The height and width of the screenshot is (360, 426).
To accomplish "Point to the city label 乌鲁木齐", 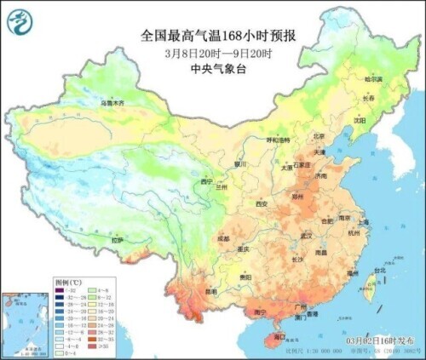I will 112,103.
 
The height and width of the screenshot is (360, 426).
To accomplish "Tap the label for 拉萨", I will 118,240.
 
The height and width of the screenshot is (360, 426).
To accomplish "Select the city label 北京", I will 319,135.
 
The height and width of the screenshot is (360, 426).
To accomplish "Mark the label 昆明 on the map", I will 199,291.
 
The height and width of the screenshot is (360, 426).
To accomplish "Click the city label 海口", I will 277,337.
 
